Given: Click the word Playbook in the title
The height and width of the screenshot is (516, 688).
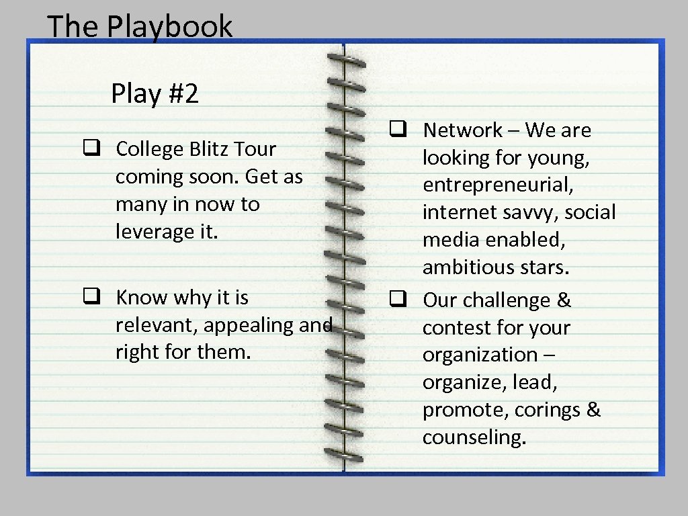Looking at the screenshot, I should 169,27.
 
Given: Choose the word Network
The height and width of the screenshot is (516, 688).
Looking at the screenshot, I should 462,130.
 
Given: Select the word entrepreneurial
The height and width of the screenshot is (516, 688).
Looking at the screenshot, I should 498,185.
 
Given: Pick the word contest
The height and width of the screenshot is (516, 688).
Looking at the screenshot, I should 451,328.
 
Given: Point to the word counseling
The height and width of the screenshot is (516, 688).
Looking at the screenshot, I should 474,437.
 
